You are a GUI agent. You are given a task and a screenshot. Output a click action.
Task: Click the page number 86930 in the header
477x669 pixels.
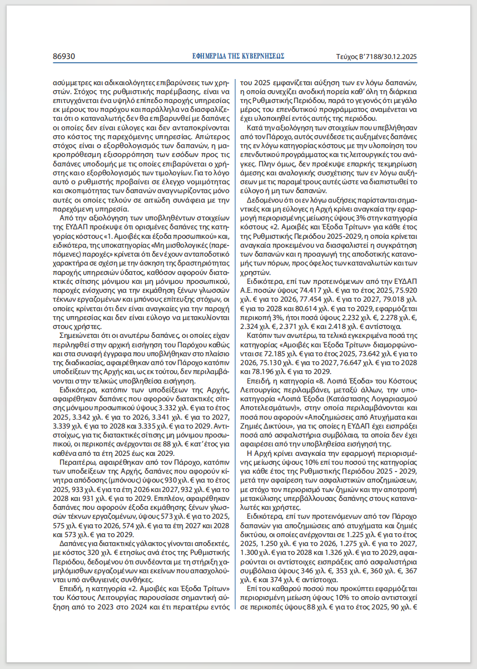(64, 56)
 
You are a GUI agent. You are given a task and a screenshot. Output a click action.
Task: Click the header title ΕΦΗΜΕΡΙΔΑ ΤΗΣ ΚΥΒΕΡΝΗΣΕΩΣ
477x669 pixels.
(238, 56)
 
